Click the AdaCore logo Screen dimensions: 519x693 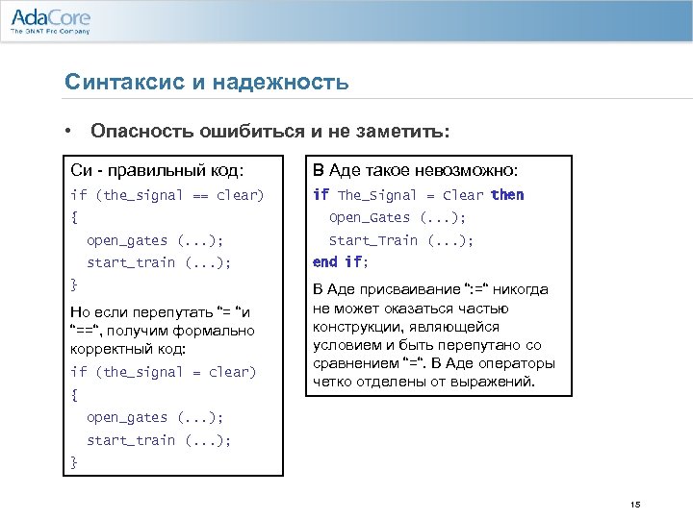pos(50,17)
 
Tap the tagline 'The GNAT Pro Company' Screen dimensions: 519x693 pos(50,32)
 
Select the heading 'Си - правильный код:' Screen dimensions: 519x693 pos(157,170)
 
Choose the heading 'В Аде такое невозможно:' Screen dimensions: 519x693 pos(416,170)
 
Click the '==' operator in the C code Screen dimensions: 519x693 pos(198,195)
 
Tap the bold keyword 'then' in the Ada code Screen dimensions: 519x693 pos(507,195)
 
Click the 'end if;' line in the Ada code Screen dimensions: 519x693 pos(341,261)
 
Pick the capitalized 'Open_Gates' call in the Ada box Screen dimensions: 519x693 pos(371,217)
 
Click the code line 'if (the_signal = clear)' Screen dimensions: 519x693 pos(164,372)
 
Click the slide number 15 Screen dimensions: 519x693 pos(634,506)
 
